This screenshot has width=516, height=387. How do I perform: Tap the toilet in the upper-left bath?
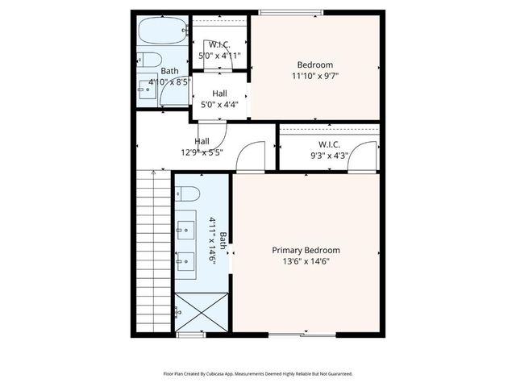tap(146, 59)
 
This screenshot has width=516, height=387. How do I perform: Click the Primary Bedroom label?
tap(306, 250)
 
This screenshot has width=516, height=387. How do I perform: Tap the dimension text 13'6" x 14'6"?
tap(306, 260)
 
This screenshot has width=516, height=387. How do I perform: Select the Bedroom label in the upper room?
tap(314, 64)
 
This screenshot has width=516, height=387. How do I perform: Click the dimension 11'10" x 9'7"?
tap(314, 76)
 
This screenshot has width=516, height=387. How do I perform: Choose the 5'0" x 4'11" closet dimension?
tap(219, 56)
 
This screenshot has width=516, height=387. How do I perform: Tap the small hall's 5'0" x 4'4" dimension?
tap(219, 104)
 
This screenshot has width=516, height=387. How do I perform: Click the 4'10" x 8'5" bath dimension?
tap(169, 81)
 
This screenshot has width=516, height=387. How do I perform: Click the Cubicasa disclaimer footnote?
tap(258, 373)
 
